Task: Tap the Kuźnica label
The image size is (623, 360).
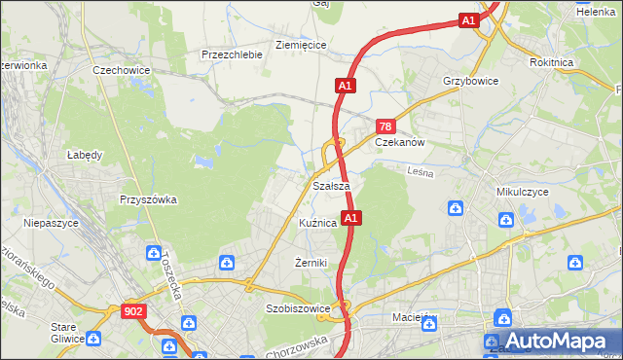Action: click(318, 223)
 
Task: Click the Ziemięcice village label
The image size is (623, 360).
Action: click(301, 45)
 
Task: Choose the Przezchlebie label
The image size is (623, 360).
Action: click(232, 54)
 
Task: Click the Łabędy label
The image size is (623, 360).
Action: click(85, 154)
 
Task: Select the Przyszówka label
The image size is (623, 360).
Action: click(148, 199)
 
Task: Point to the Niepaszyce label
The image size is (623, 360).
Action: click(50, 223)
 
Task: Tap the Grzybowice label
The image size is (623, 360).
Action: click(470, 81)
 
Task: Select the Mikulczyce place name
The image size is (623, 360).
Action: click(523, 192)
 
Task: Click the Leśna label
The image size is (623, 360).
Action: click(420, 171)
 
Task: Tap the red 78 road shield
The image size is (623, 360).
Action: click(385, 127)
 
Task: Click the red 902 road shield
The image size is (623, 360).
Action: click(134, 311)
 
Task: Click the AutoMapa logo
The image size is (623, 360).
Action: click(550, 342)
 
